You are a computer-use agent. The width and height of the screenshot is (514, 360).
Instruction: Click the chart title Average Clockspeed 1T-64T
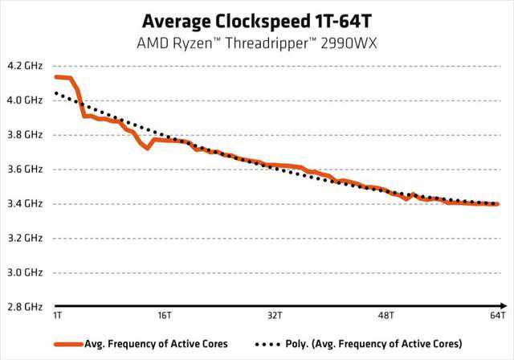coord(256,19)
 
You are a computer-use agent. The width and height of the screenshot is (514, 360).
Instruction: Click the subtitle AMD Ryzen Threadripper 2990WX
coord(256,40)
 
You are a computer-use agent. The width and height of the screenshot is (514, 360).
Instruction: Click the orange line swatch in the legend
coord(68,343)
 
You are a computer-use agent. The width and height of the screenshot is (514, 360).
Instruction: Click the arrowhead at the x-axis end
coord(504,306)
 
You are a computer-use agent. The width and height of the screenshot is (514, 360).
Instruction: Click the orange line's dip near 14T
coord(147,149)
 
